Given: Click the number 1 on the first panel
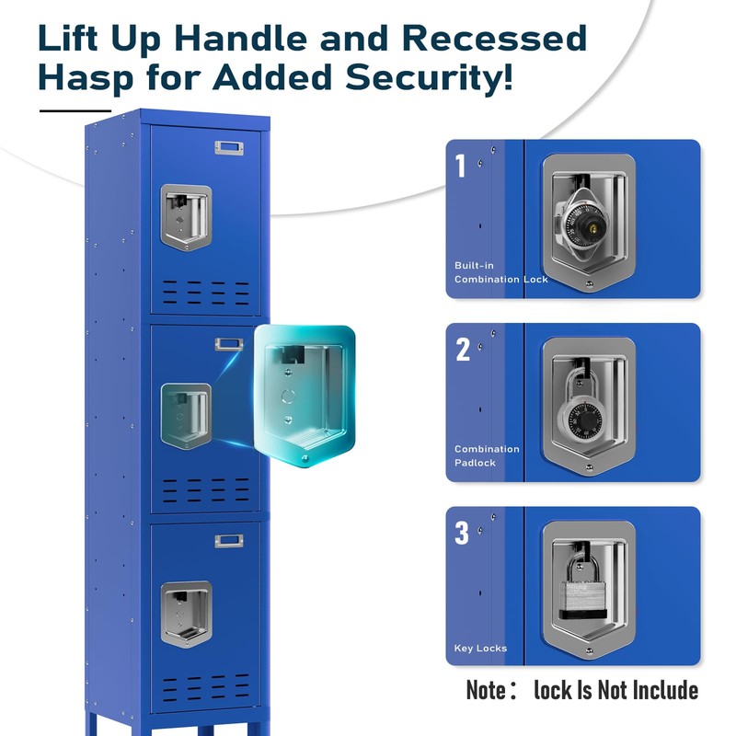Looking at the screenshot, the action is [x=461, y=167].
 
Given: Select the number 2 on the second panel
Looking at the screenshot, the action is [x=463, y=350].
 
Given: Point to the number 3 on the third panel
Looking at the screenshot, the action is [x=462, y=534].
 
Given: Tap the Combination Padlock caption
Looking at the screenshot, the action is [x=487, y=455].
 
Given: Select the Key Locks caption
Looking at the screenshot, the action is [x=480, y=649].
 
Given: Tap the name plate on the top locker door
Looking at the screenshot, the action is [x=229, y=147].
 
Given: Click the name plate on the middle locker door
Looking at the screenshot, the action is [x=229, y=345].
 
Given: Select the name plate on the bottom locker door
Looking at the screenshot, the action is [x=229, y=541].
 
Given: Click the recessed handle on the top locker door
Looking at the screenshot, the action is [x=186, y=217].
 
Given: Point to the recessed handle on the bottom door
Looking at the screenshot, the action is [x=186, y=613].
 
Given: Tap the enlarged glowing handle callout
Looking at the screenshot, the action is [x=303, y=396].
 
